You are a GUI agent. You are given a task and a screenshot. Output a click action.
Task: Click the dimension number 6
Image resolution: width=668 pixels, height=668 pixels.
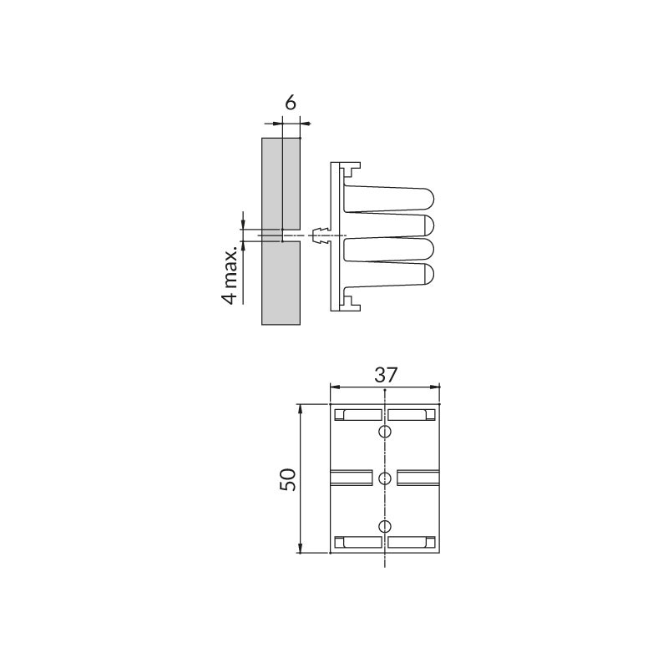click(x=290, y=103)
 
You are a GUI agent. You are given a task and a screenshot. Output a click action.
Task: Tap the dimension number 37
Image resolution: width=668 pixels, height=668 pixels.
click(x=386, y=375)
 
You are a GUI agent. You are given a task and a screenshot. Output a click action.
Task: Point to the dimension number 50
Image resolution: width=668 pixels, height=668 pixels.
click(x=287, y=479)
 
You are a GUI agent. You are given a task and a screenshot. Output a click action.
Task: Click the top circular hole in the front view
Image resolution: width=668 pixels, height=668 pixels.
click(x=385, y=432)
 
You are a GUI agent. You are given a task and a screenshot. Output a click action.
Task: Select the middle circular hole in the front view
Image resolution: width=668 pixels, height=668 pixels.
click(x=385, y=478)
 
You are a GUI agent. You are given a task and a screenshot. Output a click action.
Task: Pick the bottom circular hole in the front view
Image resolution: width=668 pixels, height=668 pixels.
click(x=385, y=526)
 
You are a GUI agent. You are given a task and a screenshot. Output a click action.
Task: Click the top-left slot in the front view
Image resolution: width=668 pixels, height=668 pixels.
click(x=358, y=414)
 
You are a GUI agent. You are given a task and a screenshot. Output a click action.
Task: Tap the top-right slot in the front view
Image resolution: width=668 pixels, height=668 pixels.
click(x=412, y=414)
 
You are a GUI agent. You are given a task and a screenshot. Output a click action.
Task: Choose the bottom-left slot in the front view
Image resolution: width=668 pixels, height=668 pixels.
click(x=358, y=542)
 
